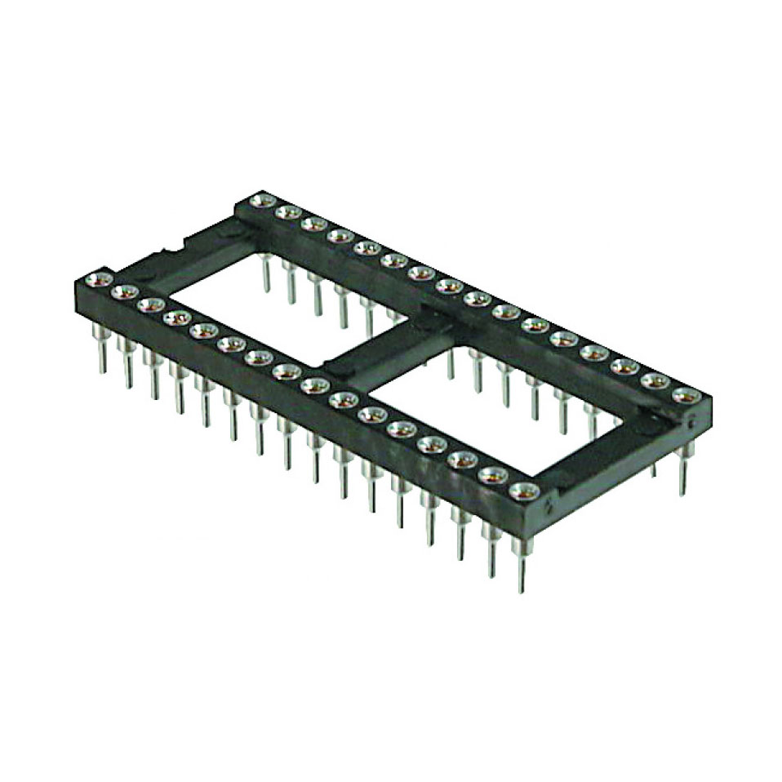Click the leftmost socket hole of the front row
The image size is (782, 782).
pyautogui.click(x=100, y=281)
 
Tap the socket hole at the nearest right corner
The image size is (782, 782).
pyautogui.click(x=523, y=491)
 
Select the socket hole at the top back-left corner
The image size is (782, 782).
pyautogui.click(x=262, y=200)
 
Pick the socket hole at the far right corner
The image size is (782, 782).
pyautogui.click(x=686, y=396)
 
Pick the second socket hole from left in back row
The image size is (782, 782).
pyautogui.click(x=287, y=212)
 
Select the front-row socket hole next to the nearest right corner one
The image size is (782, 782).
pyautogui.click(x=492, y=475)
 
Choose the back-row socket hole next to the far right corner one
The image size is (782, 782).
pyautogui.click(x=655, y=381)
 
